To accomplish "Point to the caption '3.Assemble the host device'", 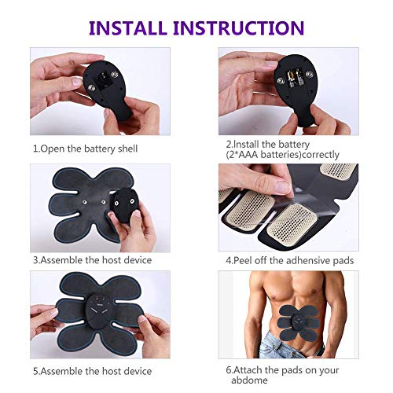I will (x=92, y=259).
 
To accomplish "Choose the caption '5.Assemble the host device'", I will (x=92, y=369).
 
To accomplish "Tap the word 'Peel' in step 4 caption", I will (x=247, y=259).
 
